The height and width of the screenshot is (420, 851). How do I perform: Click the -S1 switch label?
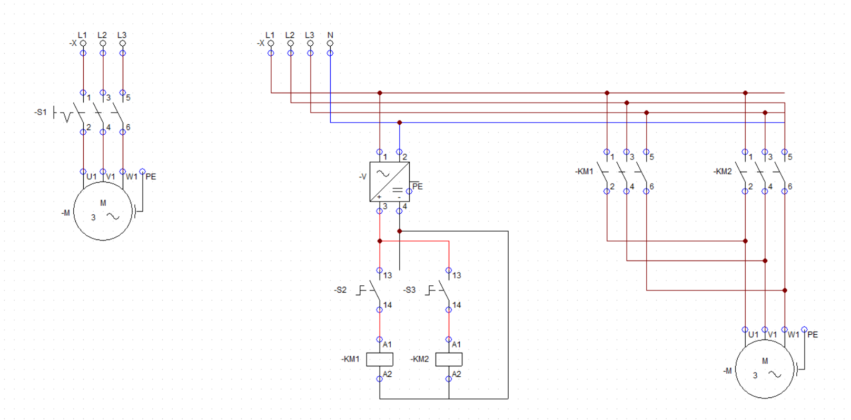point(40,113)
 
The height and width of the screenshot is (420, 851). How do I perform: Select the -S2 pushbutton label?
point(340,290)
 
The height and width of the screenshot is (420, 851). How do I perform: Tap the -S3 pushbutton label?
point(409,290)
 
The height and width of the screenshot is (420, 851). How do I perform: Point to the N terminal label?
point(330,35)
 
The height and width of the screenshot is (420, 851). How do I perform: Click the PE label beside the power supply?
point(418,186)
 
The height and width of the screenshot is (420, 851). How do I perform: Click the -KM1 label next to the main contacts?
point(584,172)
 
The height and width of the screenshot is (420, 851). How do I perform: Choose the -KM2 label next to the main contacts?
point(722,172)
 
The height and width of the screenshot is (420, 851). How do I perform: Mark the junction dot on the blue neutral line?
point(399,123)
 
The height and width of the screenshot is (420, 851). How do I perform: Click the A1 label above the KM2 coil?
point(456,344)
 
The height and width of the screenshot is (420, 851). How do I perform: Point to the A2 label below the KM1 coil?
point(387,374)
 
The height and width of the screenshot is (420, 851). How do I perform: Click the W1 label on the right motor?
point(793,335)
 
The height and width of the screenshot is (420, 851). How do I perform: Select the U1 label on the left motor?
point(92,177)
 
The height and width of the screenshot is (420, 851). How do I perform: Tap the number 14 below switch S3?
point(457,305)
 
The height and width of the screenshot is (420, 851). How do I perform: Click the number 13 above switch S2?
point(388,275)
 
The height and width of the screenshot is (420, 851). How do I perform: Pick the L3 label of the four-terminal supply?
point(310,35)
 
